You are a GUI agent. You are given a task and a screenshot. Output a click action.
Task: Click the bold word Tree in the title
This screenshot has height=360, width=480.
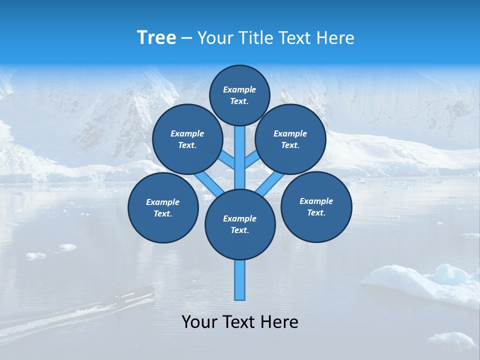(156, 38)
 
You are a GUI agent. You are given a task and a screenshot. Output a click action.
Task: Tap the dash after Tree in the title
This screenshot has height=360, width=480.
(186, 38)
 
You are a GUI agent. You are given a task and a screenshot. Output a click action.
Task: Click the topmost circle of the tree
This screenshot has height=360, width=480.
(239, 95)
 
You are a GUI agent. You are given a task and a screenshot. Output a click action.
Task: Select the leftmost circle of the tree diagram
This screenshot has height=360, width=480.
(163, 208)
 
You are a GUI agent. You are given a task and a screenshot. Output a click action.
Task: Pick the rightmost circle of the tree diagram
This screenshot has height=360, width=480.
(316, 206)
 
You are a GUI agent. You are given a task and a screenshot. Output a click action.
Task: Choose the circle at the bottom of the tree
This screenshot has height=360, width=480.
(240, 224)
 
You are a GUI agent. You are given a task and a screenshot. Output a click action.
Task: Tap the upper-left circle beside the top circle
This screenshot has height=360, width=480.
(187, 139)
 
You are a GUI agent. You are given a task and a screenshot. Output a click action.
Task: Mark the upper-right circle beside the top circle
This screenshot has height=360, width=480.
(290, 139)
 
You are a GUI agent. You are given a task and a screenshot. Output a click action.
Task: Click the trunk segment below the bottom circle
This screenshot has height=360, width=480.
(240, 280)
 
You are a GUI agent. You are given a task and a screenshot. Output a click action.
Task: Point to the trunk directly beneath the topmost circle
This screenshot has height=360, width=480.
(240, 150)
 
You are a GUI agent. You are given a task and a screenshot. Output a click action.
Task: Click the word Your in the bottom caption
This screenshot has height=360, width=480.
(199, 322)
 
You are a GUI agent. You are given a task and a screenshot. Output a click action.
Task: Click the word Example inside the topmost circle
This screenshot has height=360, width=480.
(239, 89)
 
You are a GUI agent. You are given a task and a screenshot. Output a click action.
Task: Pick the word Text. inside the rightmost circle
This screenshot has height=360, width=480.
(316, 212)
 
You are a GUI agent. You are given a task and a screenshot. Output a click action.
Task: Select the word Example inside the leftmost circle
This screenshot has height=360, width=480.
(163, 202)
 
